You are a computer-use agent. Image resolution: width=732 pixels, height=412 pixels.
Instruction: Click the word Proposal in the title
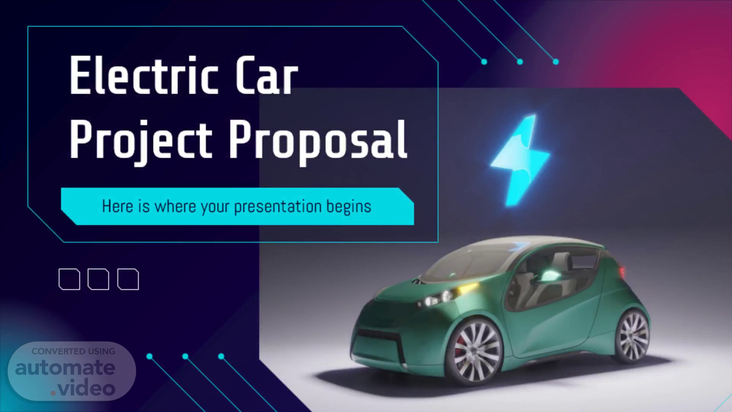coord(318,140)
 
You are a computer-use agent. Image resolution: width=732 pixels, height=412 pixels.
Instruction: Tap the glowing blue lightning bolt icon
coord(520,160)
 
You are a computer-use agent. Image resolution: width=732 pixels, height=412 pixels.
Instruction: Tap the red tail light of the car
coord(622,272)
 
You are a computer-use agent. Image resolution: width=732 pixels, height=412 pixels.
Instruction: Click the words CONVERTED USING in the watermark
coord(74,351)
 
